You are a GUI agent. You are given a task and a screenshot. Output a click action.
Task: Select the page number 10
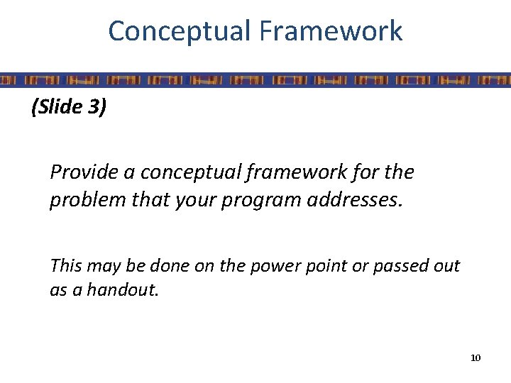click(x=476, y=357)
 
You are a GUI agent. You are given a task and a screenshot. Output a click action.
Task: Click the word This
click(x=66, y=266)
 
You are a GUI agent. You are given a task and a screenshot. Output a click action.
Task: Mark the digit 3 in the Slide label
click(x=97, y=109)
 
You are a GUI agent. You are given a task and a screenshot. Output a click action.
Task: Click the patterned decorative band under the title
click(x=255, y=79)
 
